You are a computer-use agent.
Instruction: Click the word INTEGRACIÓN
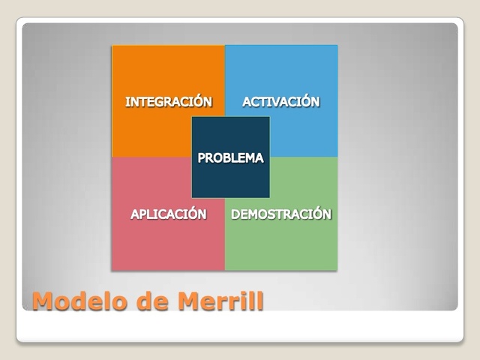click(x=169, y=101)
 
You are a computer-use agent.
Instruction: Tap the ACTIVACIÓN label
click(x=281, y=101)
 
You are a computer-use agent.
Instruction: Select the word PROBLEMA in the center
click(x=230, y=158)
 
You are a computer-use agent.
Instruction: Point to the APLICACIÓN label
click(x=169, y=214)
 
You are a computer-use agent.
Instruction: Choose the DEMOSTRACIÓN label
click(x=281, y=214)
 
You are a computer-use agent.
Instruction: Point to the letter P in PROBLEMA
click(x=202, y=158)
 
